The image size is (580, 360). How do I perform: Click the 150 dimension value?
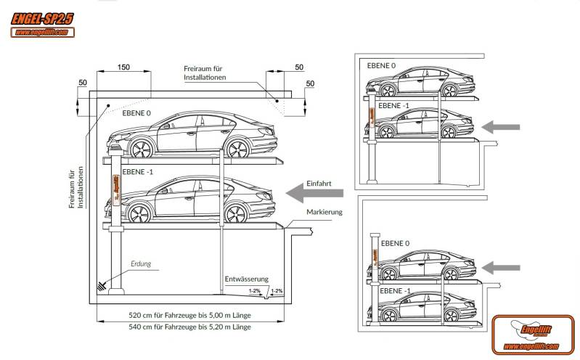[123, 67]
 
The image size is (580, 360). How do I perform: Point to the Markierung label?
[324, 212]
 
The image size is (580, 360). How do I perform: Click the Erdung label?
[141, 264]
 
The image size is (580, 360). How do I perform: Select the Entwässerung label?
[247, 279]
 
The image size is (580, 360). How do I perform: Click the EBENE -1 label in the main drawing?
[138, 172]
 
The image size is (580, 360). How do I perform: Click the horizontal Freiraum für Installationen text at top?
[205, 73]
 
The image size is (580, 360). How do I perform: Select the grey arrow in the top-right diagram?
[502, 127]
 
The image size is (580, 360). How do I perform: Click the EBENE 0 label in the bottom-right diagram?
[396, 243]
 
